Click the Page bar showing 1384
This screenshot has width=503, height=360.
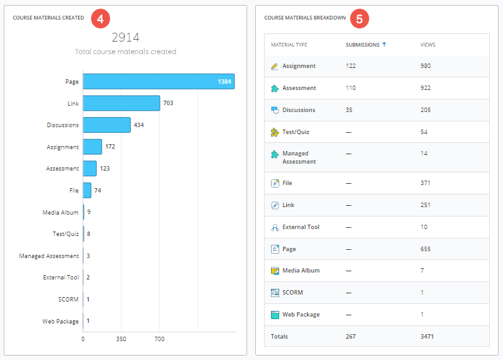point(158,81)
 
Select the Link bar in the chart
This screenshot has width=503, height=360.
point(121,103)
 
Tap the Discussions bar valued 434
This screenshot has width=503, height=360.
point(107,125)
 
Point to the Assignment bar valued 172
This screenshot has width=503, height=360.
point(92,147)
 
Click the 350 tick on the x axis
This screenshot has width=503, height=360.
point(121,339)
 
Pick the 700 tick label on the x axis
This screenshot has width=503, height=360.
point(160,339)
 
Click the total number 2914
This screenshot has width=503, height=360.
point(126,38)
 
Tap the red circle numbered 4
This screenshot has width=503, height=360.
point(101,18)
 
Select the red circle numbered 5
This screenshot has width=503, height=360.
point(359,19)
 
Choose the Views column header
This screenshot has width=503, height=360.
point(428,45)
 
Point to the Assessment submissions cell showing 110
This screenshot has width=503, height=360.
point(351,88)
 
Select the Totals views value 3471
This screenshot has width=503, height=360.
point(427,337)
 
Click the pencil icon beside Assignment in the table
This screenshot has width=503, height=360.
point(275,66)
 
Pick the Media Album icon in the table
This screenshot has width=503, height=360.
point(275,271)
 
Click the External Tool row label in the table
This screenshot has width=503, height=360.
point(301,227)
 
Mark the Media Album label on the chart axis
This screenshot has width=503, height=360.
point(61,212)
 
